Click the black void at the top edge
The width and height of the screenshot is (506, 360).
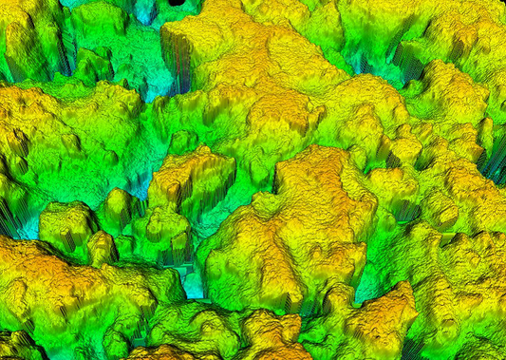point(178,3)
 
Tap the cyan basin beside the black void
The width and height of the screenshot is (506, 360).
point(145,11)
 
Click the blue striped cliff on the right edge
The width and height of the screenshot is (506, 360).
point(495,161)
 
